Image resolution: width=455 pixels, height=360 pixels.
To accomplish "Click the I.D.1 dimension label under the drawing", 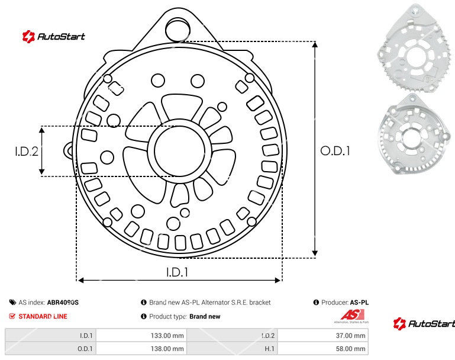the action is pos(178,272).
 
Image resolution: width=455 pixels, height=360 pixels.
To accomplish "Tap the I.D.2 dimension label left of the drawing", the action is pos(27,152).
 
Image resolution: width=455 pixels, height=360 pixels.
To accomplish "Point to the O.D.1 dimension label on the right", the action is pos(335,151).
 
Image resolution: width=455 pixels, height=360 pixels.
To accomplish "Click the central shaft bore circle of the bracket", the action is pos(179,151).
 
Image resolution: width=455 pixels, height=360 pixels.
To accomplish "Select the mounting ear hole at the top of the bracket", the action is pos(178,29).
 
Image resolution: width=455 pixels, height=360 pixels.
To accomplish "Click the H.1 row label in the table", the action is pos(270,349).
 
